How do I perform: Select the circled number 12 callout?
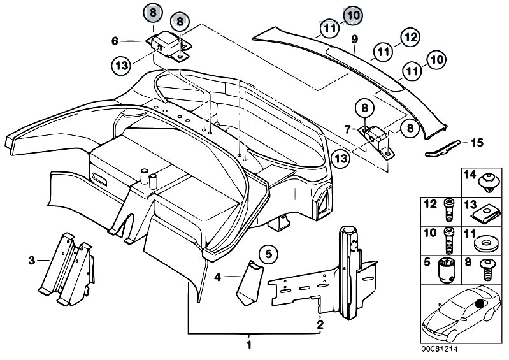pos(410,39)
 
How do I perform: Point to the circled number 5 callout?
pos(268,255)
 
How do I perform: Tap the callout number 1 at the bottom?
pos(249,345)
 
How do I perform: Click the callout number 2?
pos(320,324)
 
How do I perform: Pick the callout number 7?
pos(348,129)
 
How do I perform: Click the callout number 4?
pos(218,277)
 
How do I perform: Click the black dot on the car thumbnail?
pos(479,305)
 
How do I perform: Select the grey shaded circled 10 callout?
pos(352,13)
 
